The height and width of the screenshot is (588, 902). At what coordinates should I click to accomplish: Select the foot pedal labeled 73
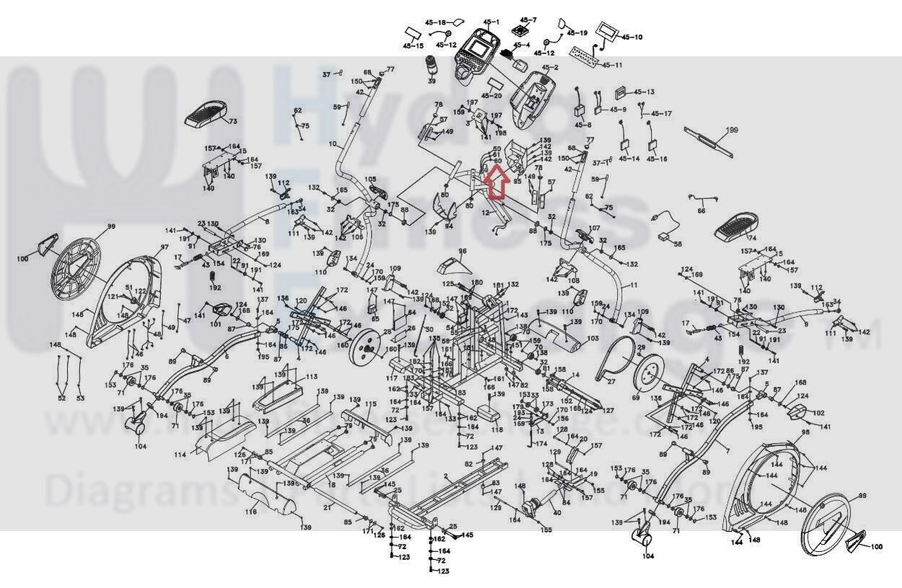point(209,114)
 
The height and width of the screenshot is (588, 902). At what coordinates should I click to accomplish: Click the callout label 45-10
point(631,37)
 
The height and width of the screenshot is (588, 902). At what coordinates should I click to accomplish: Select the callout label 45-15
point(413,45)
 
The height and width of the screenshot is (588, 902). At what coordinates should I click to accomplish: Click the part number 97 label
point(165,247)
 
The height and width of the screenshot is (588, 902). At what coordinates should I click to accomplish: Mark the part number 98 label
point(805,432)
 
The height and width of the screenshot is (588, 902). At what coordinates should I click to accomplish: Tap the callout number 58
point(677,244)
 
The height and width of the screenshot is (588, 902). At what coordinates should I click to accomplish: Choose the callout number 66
point(701,211)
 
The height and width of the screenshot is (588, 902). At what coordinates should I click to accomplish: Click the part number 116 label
point(250,512)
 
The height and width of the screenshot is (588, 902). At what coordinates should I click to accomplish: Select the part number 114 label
point(180,455)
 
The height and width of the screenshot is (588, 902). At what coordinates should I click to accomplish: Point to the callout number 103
point(592,338)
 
